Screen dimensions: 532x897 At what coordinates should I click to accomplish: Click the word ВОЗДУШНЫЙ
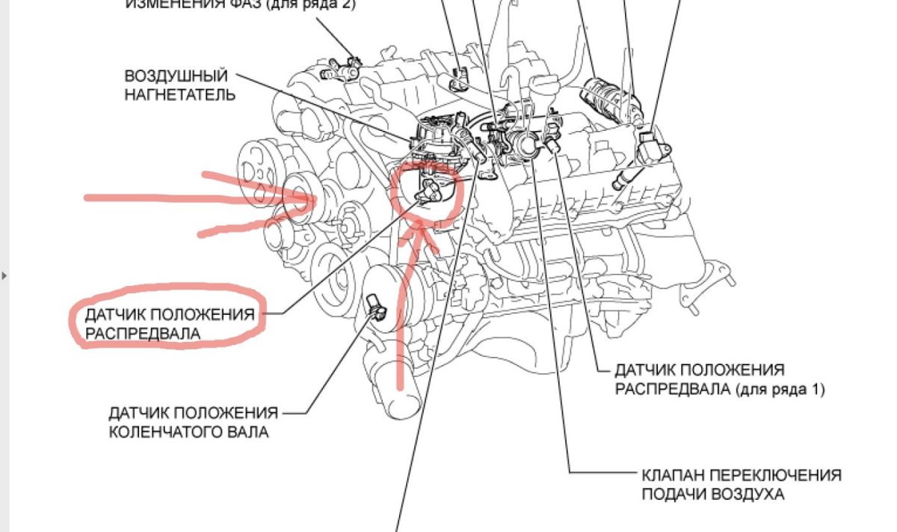176,77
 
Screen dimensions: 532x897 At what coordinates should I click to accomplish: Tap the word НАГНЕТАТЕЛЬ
180,95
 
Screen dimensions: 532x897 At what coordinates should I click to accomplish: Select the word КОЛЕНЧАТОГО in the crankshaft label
167,432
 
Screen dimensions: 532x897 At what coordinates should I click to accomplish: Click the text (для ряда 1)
780,389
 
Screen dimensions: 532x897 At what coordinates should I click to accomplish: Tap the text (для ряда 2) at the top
315,4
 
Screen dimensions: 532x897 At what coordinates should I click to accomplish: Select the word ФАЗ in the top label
250,4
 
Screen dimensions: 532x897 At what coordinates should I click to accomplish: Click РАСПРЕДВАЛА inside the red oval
143,334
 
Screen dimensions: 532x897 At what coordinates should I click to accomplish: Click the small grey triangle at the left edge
4,275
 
